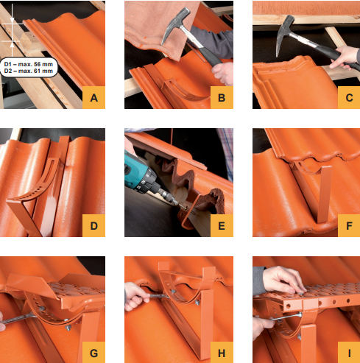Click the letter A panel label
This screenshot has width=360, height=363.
93,98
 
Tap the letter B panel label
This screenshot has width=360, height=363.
222,98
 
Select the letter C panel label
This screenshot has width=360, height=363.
349,98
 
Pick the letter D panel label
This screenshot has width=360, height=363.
93,225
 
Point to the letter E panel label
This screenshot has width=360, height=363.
222,225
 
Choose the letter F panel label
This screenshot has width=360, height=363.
349,225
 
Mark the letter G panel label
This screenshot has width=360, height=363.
93,353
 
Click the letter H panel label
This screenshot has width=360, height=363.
222,353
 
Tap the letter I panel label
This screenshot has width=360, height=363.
349,353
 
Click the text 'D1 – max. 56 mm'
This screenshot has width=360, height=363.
29,64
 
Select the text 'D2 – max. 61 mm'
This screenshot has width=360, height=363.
29,71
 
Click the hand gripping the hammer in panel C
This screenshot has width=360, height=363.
344,57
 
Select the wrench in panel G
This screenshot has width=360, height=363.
20,320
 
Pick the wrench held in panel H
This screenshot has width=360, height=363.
160,295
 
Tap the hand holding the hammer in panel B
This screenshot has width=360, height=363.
223,73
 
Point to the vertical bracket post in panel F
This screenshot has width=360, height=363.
325,194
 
